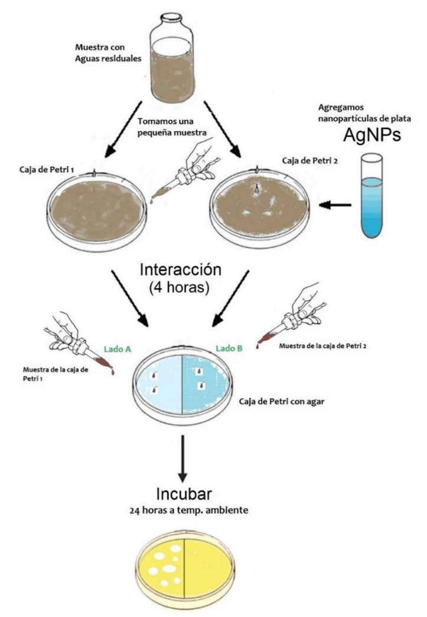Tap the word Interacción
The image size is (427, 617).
(x=181, y=269)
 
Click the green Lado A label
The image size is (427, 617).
(x=118, y=349)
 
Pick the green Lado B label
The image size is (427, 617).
(x=229, y=348)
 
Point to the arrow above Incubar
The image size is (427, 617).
(x=183, y=458)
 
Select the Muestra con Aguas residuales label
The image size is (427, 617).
(x=104, y=51)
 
